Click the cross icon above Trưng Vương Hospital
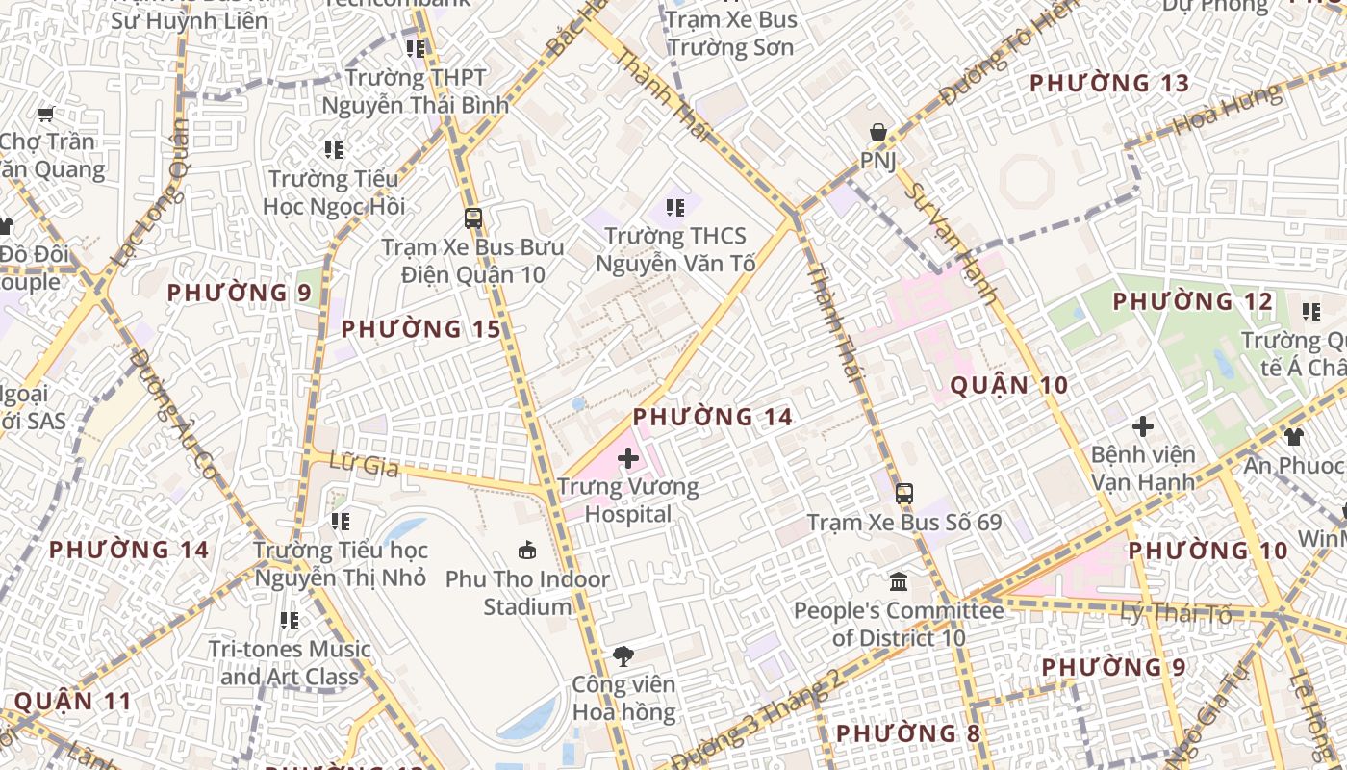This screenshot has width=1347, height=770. point(628,458)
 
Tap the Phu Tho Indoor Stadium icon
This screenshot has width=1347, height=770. point(527,551)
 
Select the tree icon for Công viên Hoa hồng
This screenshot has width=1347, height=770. point(623,656)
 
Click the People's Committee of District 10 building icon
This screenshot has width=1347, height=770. point(899,581)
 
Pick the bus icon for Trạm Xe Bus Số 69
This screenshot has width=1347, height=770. point(903,494)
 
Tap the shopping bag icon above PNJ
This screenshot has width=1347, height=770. point(877,132)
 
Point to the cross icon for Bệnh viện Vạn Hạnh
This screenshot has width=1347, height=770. point(1143,425)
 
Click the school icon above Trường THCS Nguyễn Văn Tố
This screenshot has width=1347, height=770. point(675,207)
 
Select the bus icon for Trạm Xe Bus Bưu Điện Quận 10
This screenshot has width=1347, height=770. point(472,218)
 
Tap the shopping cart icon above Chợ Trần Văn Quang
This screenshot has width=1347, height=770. point(45,115)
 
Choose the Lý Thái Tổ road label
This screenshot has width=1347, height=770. point(1176,612)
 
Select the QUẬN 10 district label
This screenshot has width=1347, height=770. point(1009,386)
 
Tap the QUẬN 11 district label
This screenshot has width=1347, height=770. point(73,701)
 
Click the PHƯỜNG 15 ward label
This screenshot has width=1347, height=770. point(421,329)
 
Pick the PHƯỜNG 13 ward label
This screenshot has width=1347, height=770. point(1109,83)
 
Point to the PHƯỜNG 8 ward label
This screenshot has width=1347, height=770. point(908,733)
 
